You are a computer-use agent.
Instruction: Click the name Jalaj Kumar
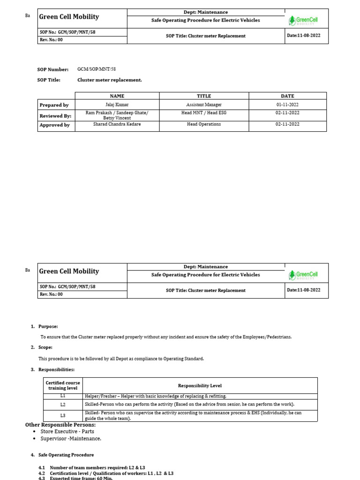click(117, 105)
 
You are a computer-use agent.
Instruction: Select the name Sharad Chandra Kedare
click(117, 125)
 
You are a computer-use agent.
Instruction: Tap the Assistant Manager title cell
click(203, 105)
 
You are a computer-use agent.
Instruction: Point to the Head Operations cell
click(203, 125)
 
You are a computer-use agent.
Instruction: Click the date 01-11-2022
click(287, 105)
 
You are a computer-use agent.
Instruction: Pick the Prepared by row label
click(54, 105)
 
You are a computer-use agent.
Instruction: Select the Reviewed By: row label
click(55, 115)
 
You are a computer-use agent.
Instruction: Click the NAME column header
click(117, 96)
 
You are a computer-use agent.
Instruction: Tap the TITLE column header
click(203, 96)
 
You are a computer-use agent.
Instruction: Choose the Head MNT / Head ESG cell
click(203, 113)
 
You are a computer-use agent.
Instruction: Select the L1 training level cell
click(63, 396)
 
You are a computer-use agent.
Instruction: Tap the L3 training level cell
click(63, 416)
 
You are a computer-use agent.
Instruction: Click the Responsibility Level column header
click(200, 386)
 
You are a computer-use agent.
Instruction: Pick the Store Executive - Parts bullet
click(67, 431)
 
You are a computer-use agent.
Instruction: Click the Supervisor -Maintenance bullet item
click(70, 439)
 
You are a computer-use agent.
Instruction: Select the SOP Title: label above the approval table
click(49, 80)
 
